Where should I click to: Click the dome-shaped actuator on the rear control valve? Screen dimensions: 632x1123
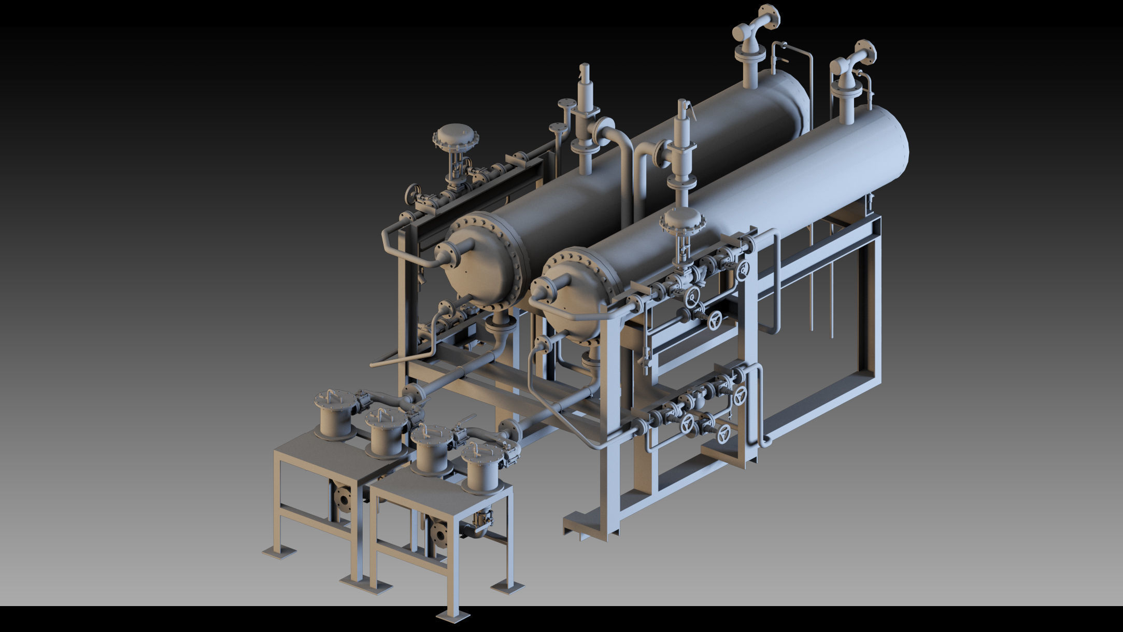455,136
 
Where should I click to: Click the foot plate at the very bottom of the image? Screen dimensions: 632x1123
453,615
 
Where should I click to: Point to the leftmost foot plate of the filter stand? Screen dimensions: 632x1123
279,553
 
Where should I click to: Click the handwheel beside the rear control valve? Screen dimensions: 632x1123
413,194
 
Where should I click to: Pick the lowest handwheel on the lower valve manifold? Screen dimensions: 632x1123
724,433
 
